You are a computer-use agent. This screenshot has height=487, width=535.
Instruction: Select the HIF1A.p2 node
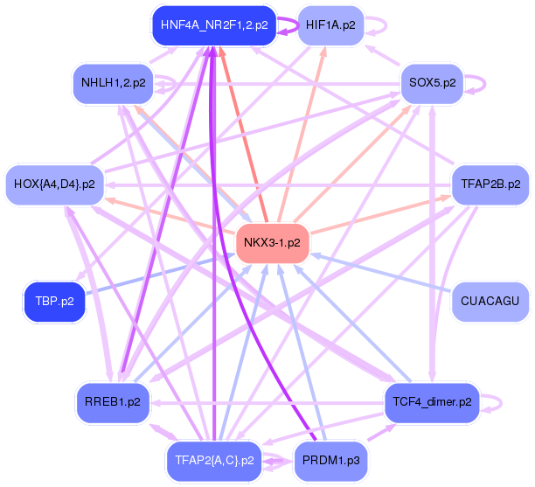330,24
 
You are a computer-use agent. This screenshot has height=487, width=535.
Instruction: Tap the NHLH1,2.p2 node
113,83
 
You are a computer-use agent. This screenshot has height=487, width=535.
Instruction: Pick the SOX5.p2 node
432,83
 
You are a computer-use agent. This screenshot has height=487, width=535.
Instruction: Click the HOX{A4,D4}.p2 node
54,184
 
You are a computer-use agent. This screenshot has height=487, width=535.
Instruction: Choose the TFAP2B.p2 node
490,184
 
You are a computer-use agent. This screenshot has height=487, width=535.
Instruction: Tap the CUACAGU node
490,301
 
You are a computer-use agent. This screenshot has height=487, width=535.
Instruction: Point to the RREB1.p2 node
113,401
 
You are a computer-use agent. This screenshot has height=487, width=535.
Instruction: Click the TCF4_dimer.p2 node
432,401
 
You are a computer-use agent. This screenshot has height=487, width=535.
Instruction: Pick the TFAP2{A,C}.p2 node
214,459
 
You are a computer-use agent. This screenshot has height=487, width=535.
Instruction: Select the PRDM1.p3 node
330,459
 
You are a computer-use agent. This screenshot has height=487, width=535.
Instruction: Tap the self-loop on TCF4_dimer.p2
498,402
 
